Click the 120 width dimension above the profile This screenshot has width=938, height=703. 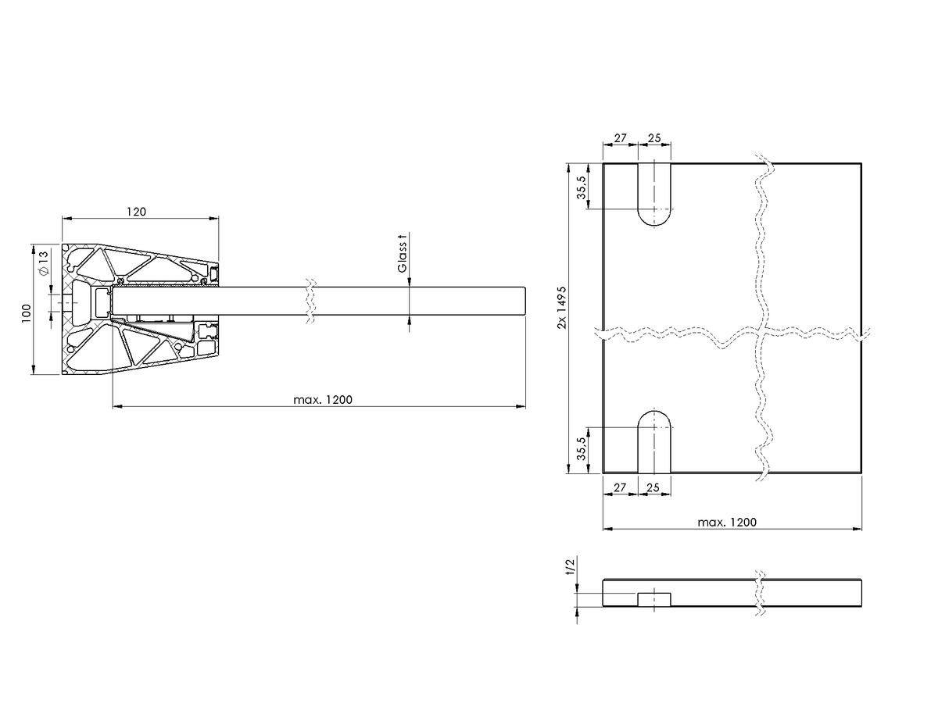(136, 212)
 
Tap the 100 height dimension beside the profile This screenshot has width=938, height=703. (27, 313)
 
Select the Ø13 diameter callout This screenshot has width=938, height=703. (44, 263)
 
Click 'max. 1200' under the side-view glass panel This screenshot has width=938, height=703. (323, 400)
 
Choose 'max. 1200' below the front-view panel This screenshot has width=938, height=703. (727, 523)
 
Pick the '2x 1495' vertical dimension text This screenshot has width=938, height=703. (562, 307)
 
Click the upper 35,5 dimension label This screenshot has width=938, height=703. (582, 187)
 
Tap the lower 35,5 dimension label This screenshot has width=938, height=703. (582, 448)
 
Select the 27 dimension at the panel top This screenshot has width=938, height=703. (620, 138)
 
